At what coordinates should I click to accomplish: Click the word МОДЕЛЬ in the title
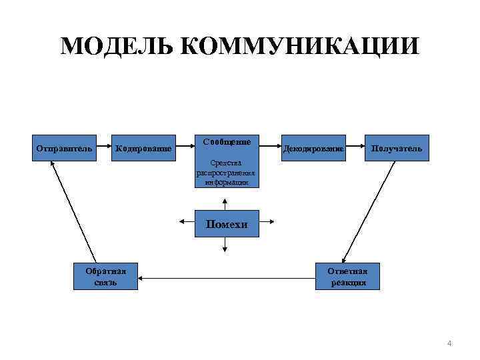117,47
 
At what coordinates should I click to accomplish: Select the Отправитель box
64,148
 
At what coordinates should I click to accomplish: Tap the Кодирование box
143,148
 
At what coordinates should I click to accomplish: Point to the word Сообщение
227,142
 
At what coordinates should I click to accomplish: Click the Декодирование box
313,148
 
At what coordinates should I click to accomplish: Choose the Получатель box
397,148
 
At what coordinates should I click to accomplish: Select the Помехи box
226,225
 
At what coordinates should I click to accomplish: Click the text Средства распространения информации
226,172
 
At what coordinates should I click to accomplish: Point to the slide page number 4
449,343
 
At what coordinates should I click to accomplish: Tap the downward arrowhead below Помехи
225,249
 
